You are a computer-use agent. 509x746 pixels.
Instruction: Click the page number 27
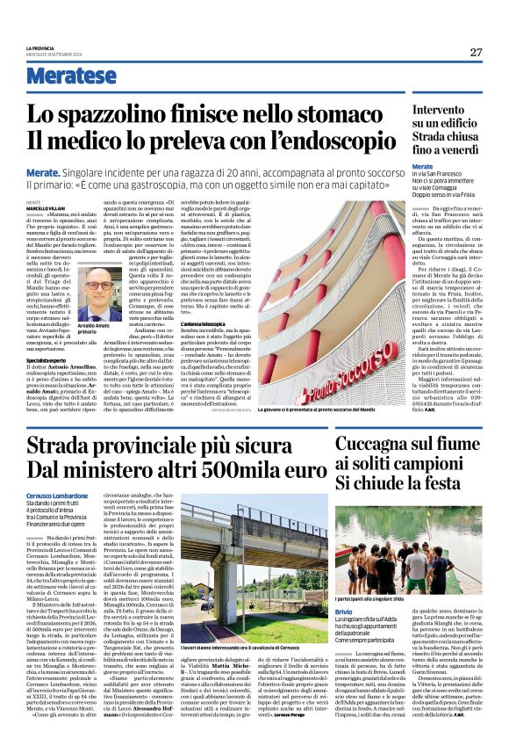click(x=476, y=53)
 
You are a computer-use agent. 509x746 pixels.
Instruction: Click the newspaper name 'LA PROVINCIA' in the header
click(x=42, y=47)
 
